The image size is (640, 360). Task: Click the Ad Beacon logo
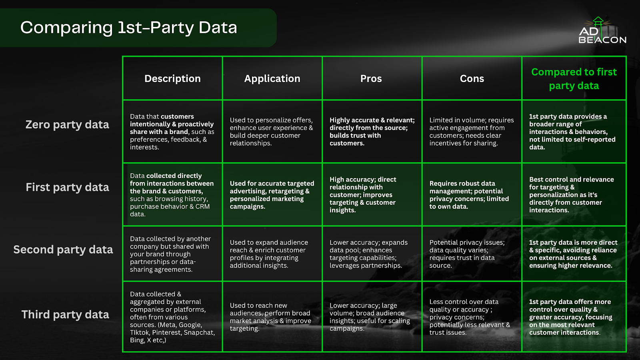(602, 30)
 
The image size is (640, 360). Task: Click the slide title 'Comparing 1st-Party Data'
(128, 28)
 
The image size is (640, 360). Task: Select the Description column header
(172, 78)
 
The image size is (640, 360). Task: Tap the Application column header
(272, 78)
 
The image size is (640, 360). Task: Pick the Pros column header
(371, 78)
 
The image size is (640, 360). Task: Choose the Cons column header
(472, 78)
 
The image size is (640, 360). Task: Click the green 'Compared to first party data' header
(574, 79)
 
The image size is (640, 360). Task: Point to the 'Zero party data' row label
(67, 125)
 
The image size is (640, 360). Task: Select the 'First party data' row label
(68, 188)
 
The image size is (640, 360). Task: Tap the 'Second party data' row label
(63, 250)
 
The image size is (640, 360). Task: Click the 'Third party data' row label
(65, 314)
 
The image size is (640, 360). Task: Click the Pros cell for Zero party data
(372, 132)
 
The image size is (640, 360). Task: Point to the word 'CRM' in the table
(202, 206)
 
